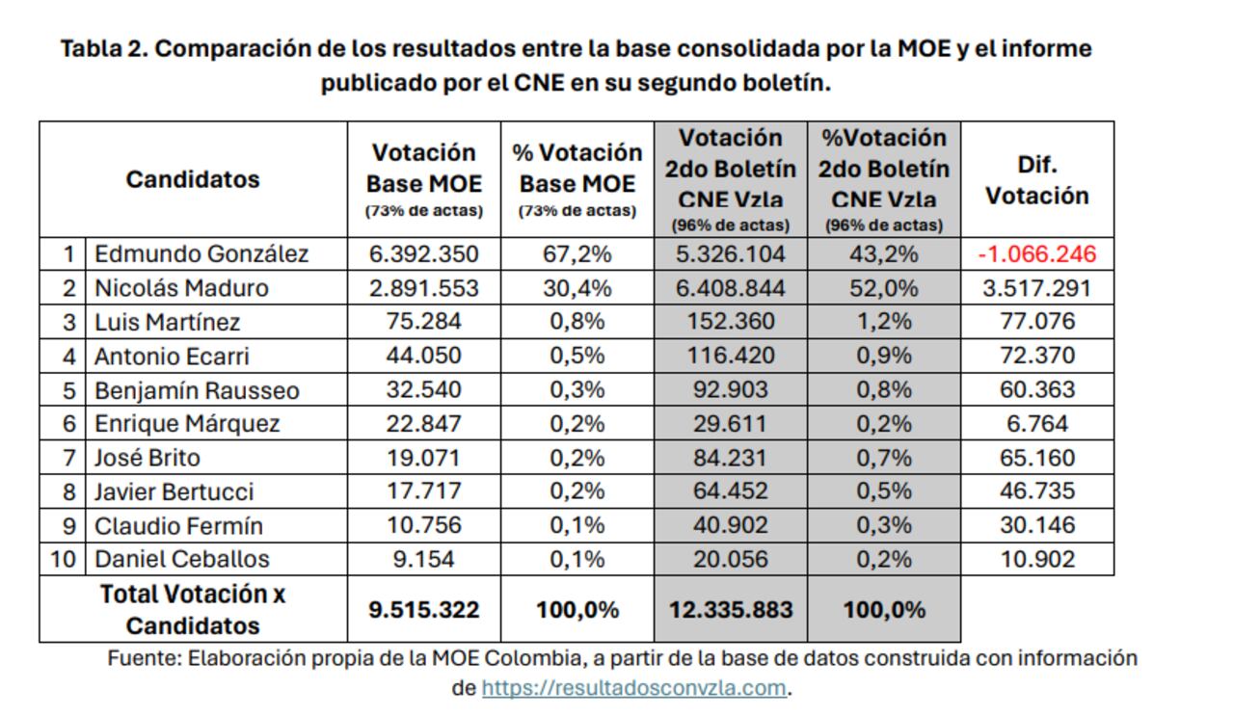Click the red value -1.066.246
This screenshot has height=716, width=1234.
(x=1037, y=254)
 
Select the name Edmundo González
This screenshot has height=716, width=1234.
(x=201, y=254)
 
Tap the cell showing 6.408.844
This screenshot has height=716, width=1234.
(x=731, y=288)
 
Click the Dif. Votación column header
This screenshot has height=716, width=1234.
(x=1037, y=179)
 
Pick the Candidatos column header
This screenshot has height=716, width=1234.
(x=193, y=179)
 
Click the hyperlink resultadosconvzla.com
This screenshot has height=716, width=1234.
(x=634, y=688)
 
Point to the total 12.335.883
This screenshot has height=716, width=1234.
(x=731, y=609)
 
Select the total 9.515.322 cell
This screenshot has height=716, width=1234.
(x=423, y=609)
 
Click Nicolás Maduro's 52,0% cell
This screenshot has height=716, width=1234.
(x=884, y=288)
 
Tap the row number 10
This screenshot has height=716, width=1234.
(x=63, y=559)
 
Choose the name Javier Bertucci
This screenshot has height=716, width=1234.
(x=174, y=491)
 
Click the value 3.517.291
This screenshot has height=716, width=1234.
(x=1037, y=288)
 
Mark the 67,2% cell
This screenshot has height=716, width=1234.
(x=577, y=254)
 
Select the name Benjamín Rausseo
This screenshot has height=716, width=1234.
(x=197, y=390)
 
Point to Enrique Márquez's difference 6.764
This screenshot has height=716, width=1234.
(x=1037, y=424)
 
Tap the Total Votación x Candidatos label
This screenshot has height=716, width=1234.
(x=193, y=609)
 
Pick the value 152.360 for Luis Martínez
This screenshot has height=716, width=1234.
(x=731, y=322)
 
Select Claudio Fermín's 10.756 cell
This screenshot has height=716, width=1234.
(x=423, y=525)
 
